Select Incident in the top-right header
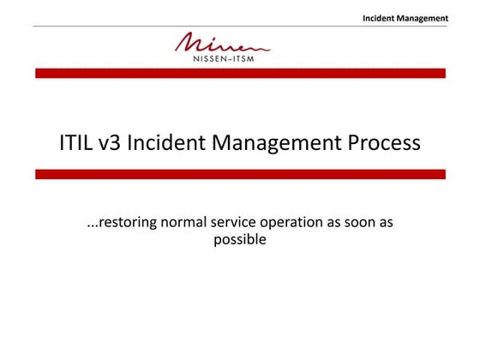point(380,17)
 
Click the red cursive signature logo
point(221,42)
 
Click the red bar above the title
point(240,74)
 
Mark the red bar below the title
point(240,174)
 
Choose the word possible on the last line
point(240,240)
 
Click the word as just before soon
point(335,223)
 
